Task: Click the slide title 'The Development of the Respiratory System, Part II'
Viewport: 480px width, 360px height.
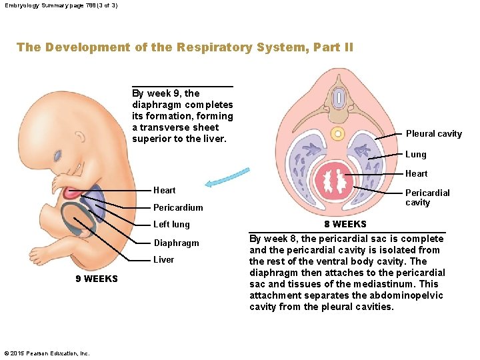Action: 185,47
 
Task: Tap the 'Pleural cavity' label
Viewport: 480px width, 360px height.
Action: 433,134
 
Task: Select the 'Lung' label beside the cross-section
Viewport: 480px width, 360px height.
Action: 415,154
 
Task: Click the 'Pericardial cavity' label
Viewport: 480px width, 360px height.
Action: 427,197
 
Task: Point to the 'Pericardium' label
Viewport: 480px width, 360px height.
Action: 178,207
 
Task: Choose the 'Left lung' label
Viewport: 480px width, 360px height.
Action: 171,225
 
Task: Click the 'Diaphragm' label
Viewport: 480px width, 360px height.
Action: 176,243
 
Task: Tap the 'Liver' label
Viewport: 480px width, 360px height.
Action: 163,259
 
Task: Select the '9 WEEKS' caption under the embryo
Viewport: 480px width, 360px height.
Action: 97,279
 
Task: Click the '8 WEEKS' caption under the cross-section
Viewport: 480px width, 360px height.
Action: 345,224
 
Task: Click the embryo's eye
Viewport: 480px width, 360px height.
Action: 59,155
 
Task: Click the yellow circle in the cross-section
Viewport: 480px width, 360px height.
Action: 337,133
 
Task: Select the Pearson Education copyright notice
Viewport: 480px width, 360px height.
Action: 47,353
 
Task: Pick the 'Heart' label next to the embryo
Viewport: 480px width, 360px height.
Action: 164,190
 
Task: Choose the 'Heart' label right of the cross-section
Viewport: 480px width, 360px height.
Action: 417,173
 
